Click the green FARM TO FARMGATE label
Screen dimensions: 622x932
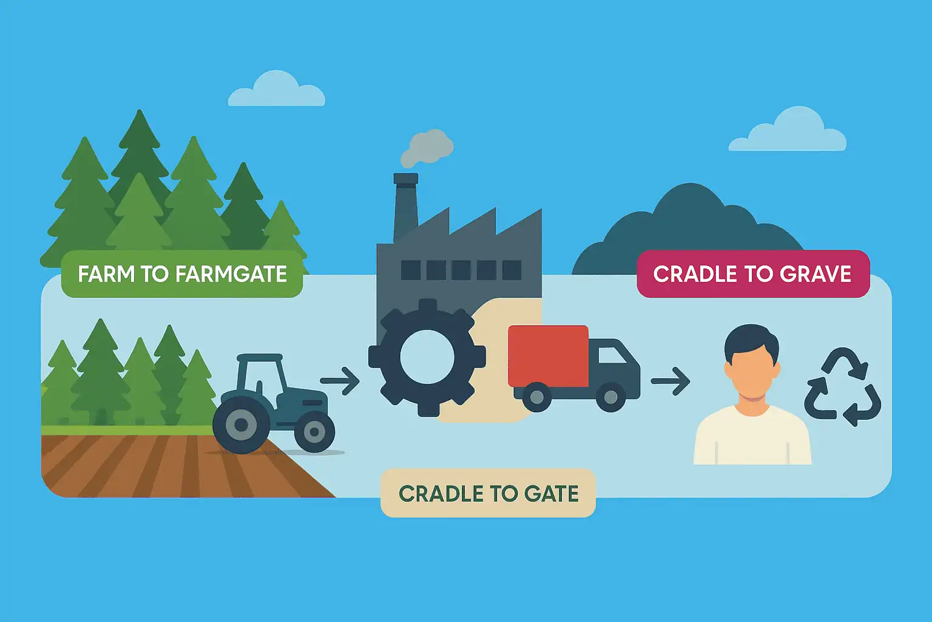point(182,274)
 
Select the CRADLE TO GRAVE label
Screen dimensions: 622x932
point(752,274)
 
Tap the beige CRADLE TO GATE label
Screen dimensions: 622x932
point(488,493)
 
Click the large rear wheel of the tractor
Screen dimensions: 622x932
point(241,425)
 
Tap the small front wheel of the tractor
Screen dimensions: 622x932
point(314,432)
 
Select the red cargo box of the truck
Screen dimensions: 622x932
point(548,356)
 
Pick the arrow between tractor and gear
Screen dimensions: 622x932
point(340,381)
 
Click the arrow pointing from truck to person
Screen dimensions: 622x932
point(670,381)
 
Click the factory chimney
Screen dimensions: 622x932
point(405,207)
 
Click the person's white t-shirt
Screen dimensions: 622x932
point(752,437)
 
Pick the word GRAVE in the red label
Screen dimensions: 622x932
point(815,274)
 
